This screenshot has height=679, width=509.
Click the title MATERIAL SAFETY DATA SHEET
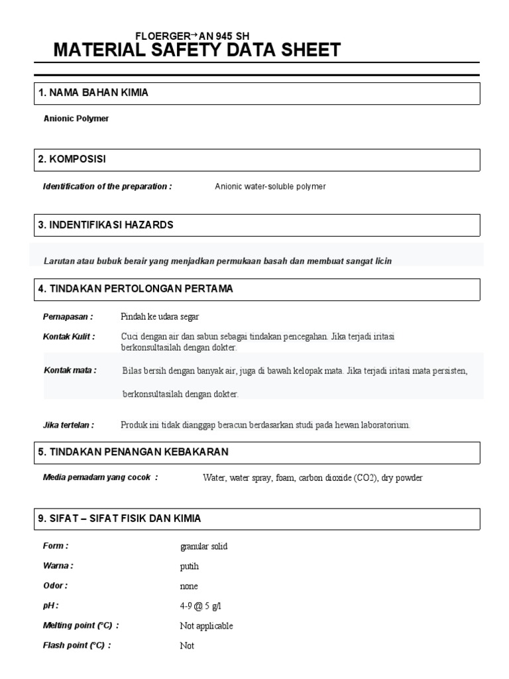coord(197,50)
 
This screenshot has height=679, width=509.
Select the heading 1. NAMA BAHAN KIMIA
coord(93,93)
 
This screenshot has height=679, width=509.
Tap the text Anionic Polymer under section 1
coord(76,119)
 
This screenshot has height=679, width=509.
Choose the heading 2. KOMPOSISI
coord(72,159)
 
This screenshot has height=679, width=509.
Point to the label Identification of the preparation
coord(107,186)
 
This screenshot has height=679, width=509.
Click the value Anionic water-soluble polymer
coord(270,187)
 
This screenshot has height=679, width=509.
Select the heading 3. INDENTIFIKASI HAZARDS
coord(106,225)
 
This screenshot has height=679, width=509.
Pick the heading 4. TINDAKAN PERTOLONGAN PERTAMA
coord(136,289)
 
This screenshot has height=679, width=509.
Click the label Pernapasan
coord(68,316)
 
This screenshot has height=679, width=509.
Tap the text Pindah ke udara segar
coord(160,316)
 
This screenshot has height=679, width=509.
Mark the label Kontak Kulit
coord(69,337)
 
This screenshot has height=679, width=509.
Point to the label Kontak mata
coord(70,370)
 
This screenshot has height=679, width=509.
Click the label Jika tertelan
coord(69,424)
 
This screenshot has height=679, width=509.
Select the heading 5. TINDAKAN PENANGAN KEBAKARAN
coord(133,452)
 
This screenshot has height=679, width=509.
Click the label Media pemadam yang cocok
coord(100,477)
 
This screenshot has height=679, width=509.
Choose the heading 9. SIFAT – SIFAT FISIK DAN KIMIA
coord(119,519)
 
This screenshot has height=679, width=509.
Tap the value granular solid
coord(203,546)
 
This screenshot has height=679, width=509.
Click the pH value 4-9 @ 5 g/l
coord(201,606)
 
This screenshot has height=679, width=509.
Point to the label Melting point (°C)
coord(81,625)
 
